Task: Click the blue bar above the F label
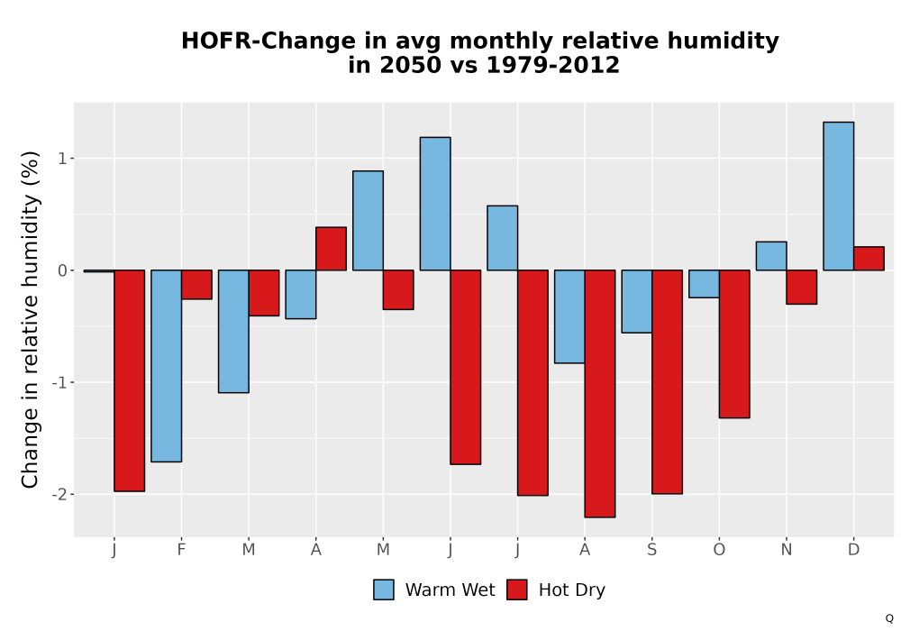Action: (167, 365)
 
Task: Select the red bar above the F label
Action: (197, 285)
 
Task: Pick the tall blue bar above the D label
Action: (838, 196)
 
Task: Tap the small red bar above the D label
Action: (869, 259)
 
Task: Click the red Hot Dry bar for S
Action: (667, 381)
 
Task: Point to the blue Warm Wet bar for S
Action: (637, 301)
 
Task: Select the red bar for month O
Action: (734, 343)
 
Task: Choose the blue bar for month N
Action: (771, 256)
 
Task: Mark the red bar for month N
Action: (802, 287)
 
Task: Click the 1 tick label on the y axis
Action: (62, 159)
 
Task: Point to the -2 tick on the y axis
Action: (59, 495)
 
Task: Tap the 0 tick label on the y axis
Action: (62, 270)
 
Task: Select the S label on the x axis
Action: (651, 550)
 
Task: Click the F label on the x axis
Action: (182, 550)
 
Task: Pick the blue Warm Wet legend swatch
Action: (384, 590)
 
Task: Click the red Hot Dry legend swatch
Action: (517, 590)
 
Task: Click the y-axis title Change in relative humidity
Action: (30, 319)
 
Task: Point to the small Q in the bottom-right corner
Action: (889, 618)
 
